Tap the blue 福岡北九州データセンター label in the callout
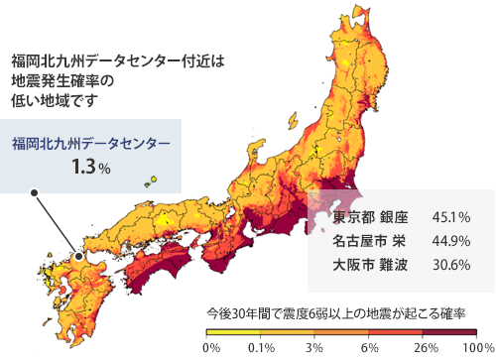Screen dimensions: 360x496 [x=90, y=145]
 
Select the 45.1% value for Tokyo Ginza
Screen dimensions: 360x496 [x=451, y=216]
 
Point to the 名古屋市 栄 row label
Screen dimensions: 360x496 [x=364, y=241]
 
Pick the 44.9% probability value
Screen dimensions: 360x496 [x=451, y=241]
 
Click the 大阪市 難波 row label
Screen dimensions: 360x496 [x=364, y=265]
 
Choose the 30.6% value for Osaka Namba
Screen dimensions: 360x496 [x=451, y=265]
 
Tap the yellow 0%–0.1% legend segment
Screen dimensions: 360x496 [x=234, y=332]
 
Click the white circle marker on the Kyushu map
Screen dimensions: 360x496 [x=78, y=257]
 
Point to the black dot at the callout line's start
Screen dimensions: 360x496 [x=34, y=193]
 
